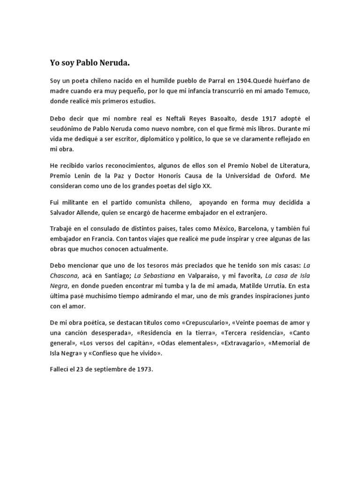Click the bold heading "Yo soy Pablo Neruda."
[x=89, y=62]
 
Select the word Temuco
[x=298, y=91]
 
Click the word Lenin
[x=82, y=175]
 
